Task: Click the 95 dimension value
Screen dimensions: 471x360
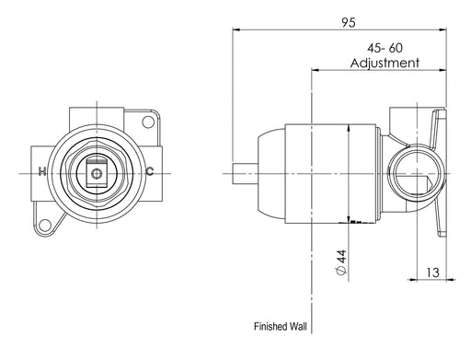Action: [x=349, y=22]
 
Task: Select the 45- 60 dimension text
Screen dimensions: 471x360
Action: [x=385, y=48]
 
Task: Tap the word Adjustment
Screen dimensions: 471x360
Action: [x=385, y=63]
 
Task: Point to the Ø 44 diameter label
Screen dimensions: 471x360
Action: [x=341, y=261]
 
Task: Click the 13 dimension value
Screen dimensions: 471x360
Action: [x=432, y=273]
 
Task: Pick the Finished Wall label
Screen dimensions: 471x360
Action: [x=280, y=326]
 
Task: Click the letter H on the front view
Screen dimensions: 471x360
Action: [x=42, y=171]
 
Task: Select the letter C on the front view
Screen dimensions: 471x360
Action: [x=150, y=171]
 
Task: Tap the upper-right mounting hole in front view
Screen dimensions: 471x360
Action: [x=148, y=122]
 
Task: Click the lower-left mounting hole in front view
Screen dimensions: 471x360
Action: [x=45, y=226]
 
